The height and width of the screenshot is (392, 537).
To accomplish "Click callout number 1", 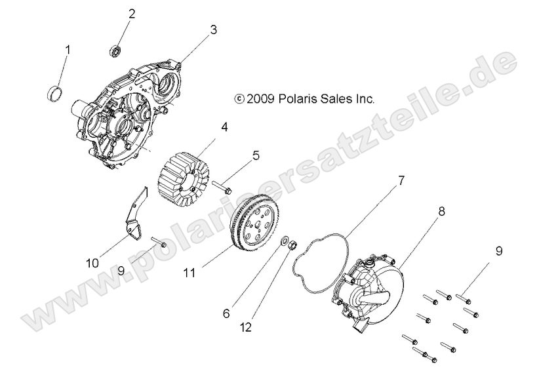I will point(67,50).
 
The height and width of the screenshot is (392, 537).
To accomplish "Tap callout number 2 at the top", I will point(132,14).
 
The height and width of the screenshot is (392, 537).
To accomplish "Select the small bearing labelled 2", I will point(116,50).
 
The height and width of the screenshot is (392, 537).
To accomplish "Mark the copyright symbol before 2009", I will point(239,99).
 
